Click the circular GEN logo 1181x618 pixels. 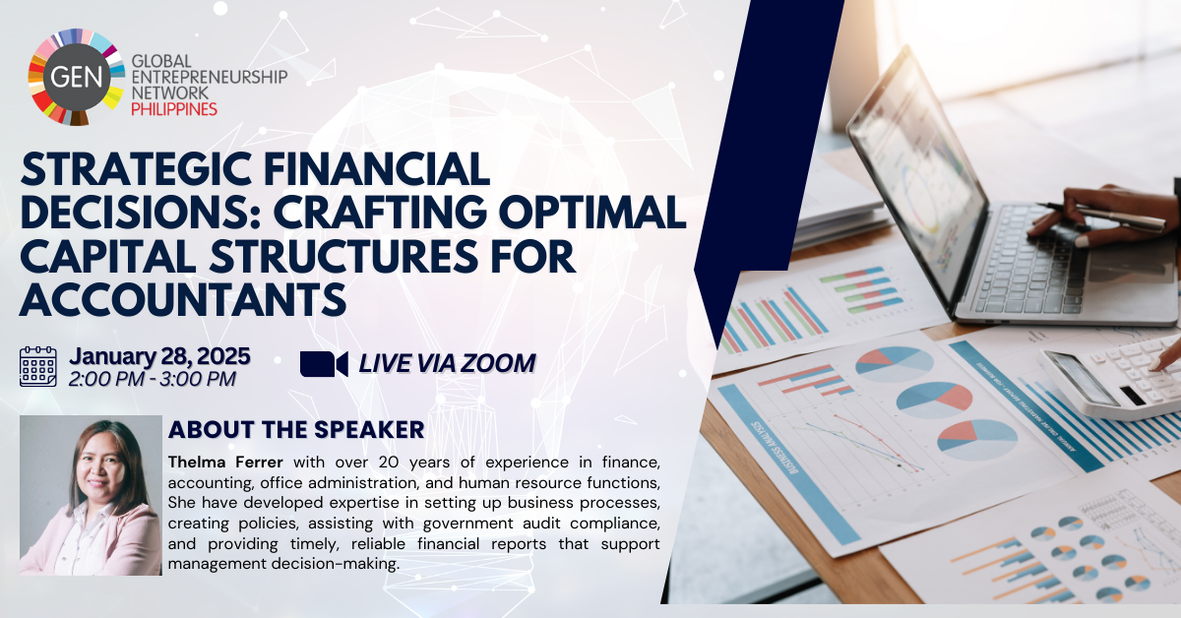pyautogui.click(x=77, y=77)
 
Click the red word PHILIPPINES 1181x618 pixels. pyautogui.click(x=174, y=109)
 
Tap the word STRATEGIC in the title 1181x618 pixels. pyautogui.click(x=136, y=169)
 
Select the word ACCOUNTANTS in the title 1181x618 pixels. pyautogui.click(x=182, y=299)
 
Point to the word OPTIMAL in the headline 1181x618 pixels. pyautogui.click(x=592, y=213)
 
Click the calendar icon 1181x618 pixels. pyautogui.click(x=38, y=366)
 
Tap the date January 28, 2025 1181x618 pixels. pyautogui.click(x=159, y=356)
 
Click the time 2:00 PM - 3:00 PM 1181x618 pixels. pyautogui.click(x=152, y=379)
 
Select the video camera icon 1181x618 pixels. pyautogui.click(x=324, y=364)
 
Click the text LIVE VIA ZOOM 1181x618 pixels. pyautogui.click(x=447, y=364)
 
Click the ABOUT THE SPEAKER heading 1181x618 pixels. pyautogui.click(x=296, y=430)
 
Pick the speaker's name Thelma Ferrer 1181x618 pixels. pyautogui.click(x=225, y=463)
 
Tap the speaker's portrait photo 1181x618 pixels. pyautogui.click(x=91, y=495)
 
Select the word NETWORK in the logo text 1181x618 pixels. pyautogui.click(x=169, y=93)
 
